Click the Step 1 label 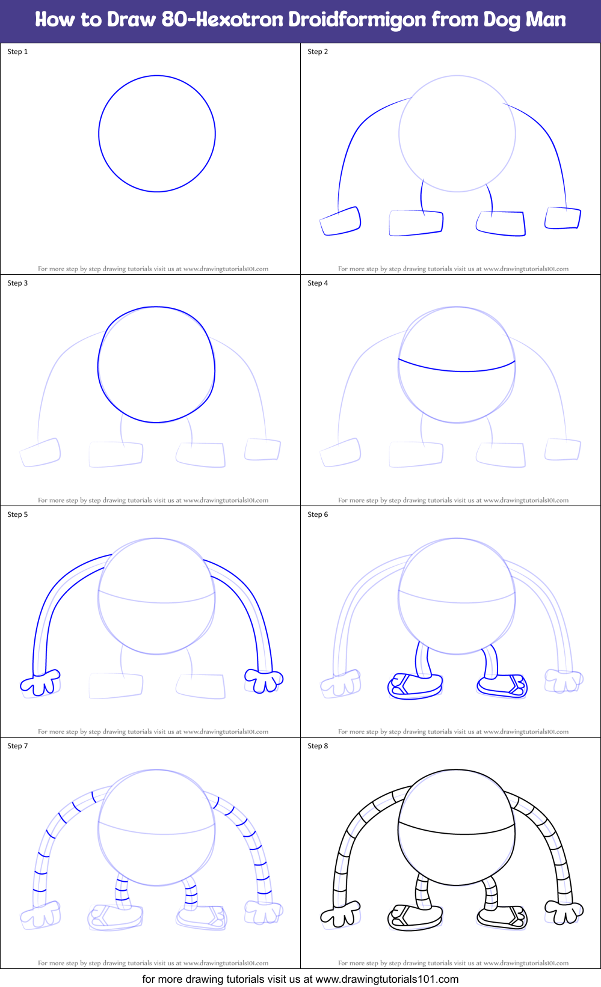(17, 52)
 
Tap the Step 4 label (318, 283)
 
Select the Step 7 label (17, 746)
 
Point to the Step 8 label (318, 746)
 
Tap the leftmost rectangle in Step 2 (341, 221)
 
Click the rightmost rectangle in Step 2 (562, 218)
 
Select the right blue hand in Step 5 (264, 680)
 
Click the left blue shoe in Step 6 (415, 686)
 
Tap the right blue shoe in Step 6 (502, 685)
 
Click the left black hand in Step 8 (341, 914)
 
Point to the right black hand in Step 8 (564, 912)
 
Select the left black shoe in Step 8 (415, 918)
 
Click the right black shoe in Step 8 (502, 917)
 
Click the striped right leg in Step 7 (191, 894)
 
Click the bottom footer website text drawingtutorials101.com (387, 979)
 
